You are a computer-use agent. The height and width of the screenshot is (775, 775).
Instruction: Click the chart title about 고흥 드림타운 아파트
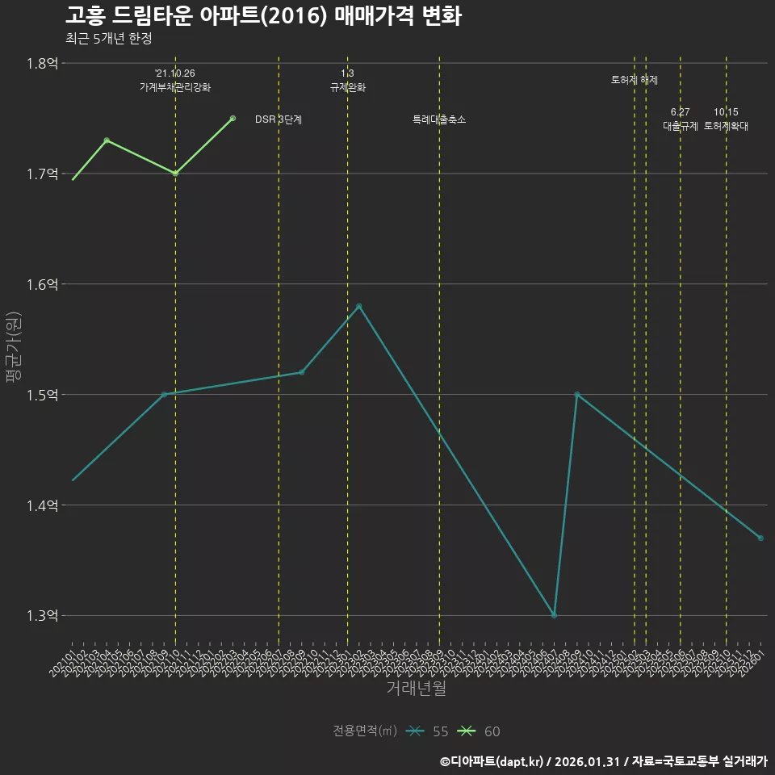[x=263, y=16]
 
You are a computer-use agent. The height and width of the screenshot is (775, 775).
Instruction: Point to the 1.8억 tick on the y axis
[x=42, y=63]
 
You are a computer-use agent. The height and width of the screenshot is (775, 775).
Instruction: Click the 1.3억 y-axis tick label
[x=42, y=616]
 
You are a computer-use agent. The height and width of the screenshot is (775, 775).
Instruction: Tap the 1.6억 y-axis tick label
[x=42, y=284]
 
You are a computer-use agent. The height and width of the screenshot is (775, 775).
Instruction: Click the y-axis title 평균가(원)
[x=14, y=347]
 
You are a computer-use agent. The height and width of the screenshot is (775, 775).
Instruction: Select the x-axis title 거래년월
[x=416, y=689]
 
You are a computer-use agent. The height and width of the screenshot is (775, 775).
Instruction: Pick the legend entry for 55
[x=427, y=731]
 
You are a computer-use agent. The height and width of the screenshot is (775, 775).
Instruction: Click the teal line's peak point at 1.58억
[x=359, y=306]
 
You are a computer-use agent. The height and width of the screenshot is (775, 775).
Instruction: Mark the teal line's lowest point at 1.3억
[x=554, y=615]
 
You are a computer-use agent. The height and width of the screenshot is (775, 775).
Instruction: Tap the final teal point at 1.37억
[x=760, y=538]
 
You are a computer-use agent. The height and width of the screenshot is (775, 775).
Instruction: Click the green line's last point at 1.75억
[x=232, y=119]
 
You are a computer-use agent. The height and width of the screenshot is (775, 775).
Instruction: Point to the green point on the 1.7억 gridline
[x=175, y=174]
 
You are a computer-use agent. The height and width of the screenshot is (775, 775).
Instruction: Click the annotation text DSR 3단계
[x=279, y=119]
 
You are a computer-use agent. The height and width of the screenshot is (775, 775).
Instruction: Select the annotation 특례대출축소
[x=439, y=119]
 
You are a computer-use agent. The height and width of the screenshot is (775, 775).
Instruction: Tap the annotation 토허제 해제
[x=635, y=80]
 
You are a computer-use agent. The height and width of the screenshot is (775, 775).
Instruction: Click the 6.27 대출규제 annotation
[x=680, y=119]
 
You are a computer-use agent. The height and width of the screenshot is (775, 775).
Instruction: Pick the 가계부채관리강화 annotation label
[x=175, y=87]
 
